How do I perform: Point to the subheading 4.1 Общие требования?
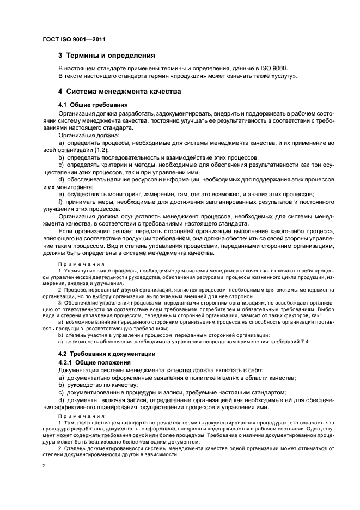(x=93, y=104)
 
